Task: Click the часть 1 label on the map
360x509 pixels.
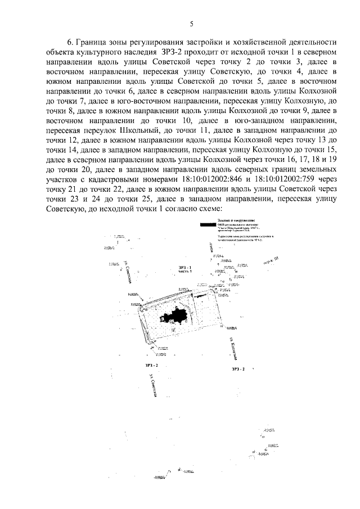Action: coord(185,272)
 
